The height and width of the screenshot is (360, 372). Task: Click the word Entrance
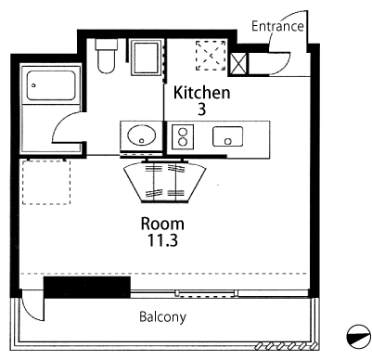click(277, 26)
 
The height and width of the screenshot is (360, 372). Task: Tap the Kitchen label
click(201, 93)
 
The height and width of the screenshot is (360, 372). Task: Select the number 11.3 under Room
click(162, 240)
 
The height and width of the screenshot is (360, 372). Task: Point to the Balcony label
click(162, 317)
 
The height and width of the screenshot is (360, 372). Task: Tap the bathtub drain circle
click(33, 85)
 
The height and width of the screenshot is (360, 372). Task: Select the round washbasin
click(142, 135)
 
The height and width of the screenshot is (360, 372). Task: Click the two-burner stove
click(183, 136)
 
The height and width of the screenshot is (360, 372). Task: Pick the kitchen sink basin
click(227, 136)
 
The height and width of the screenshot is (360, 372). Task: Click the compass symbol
click(359, 337)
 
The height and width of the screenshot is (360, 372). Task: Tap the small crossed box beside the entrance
click(239, 64)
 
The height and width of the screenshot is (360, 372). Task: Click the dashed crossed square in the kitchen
click(211, 56)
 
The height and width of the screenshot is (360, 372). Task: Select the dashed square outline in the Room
click(46, 182)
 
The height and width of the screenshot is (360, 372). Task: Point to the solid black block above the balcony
click(87, 288)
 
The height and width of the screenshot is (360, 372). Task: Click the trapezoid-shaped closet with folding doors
click(164, 183)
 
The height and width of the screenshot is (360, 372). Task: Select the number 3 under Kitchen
click(201, 109)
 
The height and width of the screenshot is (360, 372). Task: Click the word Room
click(162, 224)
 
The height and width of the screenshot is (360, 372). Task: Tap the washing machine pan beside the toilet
click(147, 58)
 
